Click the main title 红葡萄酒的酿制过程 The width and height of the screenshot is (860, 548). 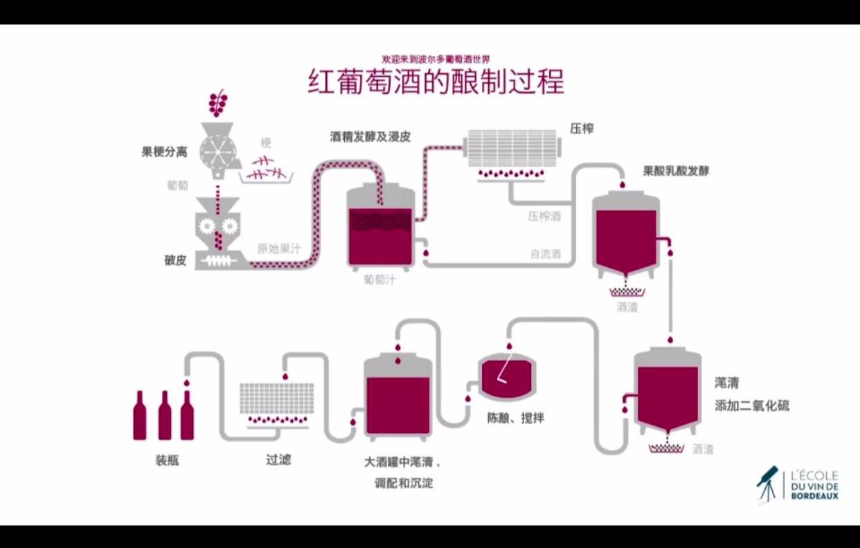[436, 82]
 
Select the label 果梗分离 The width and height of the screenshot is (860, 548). [164, 152]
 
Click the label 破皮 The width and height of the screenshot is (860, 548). [175, 261]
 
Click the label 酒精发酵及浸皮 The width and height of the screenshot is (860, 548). [370, 137]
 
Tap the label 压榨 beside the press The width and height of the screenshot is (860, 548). [582, 129]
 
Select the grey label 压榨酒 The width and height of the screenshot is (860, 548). [544, 217]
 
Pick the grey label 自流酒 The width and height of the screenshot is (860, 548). [545, 254]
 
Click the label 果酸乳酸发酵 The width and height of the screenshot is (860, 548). [676, 170]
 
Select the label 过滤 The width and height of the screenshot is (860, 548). [278, 459]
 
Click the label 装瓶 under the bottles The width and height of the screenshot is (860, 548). [167, 459]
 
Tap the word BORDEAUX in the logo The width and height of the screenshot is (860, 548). [814, 495]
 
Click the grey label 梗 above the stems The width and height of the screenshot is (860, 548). [266, 143]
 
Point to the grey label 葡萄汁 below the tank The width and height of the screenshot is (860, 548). [379, 280]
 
